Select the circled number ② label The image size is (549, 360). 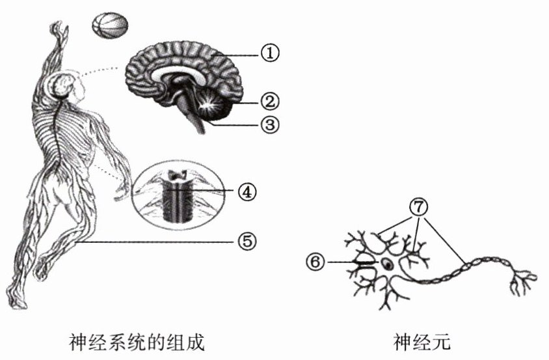tap(269, 101)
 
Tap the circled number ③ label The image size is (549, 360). tap(269, 124)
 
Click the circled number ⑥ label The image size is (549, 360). tap(315, 262)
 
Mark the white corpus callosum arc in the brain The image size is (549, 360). tap(178, 73)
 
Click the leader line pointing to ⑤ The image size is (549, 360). tap(156, 242)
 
